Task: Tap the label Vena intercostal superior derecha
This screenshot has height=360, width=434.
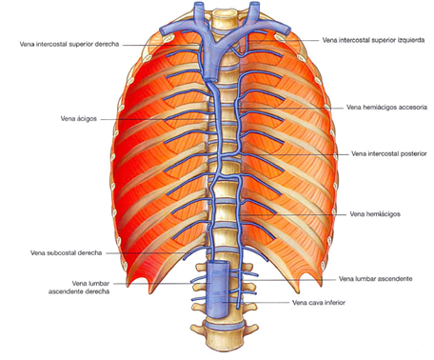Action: coord(69,44)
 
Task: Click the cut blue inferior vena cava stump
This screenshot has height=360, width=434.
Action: coord(217,286)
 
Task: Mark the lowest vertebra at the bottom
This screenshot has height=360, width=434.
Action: coord(223,333)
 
